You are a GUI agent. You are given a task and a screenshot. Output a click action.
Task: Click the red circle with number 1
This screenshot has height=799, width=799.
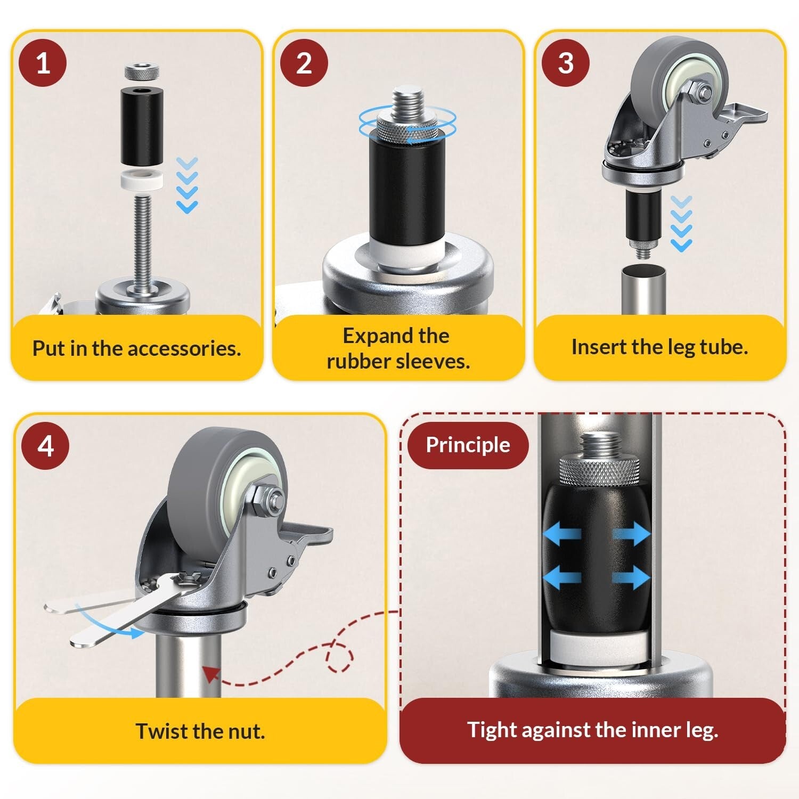pos(43,63)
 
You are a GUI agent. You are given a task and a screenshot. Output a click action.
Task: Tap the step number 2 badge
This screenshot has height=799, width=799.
pos(304,63)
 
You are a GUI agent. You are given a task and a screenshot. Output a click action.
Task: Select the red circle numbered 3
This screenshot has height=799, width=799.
pos(566,63)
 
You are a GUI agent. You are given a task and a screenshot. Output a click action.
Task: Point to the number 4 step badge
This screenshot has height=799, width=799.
pos(45,445)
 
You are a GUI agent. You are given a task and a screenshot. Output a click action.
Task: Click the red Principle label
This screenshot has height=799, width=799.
pos(468,445)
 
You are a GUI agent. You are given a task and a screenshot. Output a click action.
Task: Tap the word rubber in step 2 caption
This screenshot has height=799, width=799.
pos(358,361)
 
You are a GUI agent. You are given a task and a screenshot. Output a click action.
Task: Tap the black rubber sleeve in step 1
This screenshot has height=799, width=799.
pos(141,127)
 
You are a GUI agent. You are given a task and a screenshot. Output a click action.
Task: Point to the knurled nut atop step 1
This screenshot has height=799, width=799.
pos(141,71)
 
